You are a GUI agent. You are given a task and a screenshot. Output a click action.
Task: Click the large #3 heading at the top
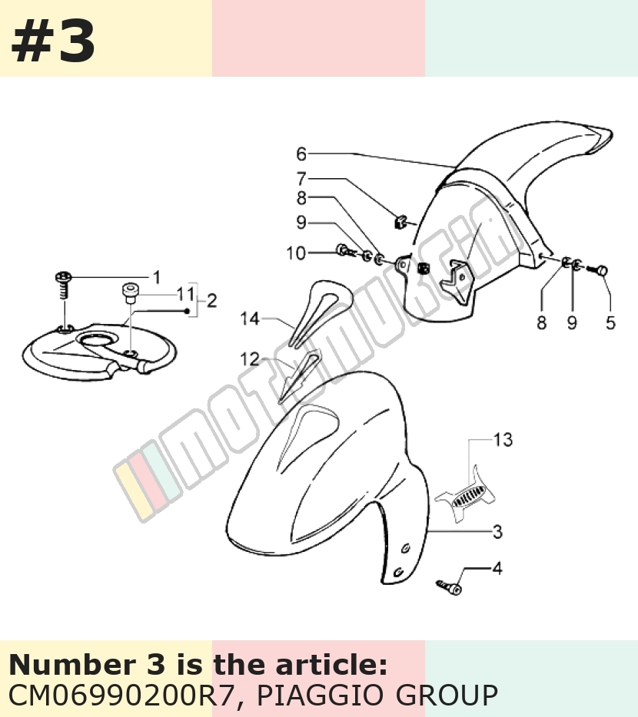click(53, 41)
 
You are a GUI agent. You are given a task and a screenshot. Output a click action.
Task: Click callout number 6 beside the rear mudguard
click(301, 154)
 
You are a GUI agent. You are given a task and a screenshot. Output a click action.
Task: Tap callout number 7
click(301, 178)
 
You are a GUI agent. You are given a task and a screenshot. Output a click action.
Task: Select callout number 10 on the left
click(296, 253)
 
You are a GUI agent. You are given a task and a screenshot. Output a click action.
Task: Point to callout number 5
click(610, 322)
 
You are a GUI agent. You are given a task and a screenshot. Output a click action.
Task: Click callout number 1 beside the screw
click(157, 277)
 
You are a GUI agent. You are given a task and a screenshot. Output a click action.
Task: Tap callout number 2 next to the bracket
click(211, 301)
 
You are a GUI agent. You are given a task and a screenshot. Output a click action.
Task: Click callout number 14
click(250, 319)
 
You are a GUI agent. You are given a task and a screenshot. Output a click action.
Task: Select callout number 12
click(250, 359)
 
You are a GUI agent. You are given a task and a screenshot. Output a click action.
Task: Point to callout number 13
click(503, 439)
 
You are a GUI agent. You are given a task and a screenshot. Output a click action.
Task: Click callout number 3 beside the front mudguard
click(498, 532)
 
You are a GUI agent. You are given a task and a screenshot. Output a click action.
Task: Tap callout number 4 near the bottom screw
click(497, 568)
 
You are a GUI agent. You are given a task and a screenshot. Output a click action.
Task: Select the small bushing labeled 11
click(130, 293)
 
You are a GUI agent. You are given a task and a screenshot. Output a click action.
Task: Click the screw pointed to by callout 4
click(449, 586)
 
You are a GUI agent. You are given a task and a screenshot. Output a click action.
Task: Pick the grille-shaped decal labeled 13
click(466, 496)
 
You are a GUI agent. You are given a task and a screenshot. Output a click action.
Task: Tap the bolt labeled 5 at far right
click(597, 269)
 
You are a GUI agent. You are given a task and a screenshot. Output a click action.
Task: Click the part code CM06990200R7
click(123, 696)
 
